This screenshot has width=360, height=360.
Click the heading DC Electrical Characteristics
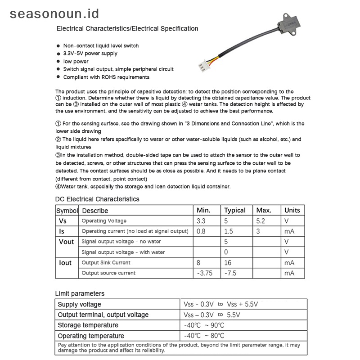(97, 199)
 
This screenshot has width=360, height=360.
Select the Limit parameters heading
(80, 293)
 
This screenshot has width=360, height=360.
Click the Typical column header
(235, 210)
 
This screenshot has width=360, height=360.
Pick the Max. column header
(264, 210)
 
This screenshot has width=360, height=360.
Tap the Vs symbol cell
(63, 221)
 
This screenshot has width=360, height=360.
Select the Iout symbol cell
(66, 262)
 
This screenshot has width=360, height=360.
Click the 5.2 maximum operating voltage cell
(261, 221)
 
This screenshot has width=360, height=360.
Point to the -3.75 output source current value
(205, 273)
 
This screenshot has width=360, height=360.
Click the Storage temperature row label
(88, 325)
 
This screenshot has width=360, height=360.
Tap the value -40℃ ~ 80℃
(204, 336)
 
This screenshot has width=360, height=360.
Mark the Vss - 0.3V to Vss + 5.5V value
(220, 304)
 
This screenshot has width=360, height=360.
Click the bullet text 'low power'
(76, 61)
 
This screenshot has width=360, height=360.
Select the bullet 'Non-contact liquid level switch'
(101, 45)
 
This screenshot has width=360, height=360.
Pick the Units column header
(292, 210)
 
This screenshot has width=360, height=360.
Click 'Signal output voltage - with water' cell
(123, 252)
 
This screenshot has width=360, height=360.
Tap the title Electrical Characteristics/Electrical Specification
(127, 29)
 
